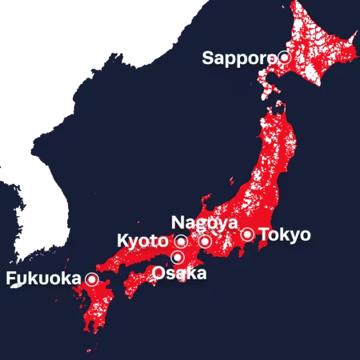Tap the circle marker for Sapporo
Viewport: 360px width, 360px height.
pyautogui.click(x=284, y=58)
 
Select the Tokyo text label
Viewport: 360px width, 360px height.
pyautogui.click(x=285, y=234)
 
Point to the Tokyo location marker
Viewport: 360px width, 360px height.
pyautogui.click(x=247, y=234)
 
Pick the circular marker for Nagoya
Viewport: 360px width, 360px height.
pyautogui.click(x=205, y=241)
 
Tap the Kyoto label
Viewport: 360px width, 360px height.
pyautogui.click(x=142, y=241)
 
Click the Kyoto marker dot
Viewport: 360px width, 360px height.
pyautogui.click(x=181, y=242)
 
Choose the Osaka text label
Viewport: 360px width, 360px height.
pyautogui.click(x=179, y=274)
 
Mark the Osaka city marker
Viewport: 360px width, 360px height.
pyautogui.click(x=178, y=258)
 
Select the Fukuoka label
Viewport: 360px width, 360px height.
pyautogui.click(x=43, y=278)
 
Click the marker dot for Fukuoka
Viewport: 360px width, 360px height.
pyautogui.click(x=92, y=279)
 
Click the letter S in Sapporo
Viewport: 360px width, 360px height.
pyautogui.click(x=208, y=58)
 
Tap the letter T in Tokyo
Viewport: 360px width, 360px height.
pyautogui.click(x=263, y=234)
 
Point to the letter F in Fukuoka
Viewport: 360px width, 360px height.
pyautogui.click(x=10, y=278)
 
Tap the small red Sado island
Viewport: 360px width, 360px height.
pyautogui.click(x=233, y=180)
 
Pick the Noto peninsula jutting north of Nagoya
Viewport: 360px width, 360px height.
pyautogui.click(x=207, y=201)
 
